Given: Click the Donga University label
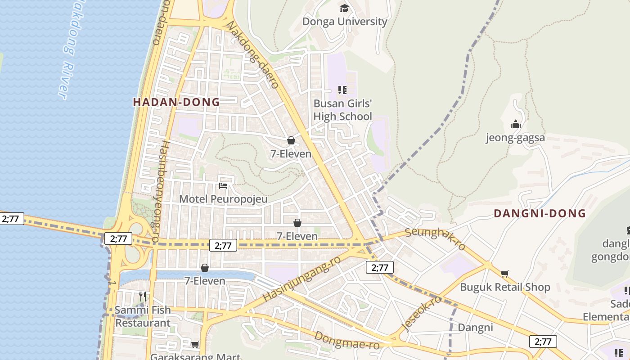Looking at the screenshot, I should [345, 22].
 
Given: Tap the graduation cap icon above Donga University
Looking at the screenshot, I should [344, 8].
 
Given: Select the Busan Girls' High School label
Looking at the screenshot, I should [343, 110].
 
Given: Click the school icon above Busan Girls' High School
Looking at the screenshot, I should [342, 90].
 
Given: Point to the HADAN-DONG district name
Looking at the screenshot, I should [176, 102].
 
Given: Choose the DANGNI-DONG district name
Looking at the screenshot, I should [540, 213].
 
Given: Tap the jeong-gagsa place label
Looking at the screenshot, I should [515, 138].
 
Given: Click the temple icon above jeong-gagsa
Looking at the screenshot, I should [515, 124].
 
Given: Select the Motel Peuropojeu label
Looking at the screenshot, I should [223, 199].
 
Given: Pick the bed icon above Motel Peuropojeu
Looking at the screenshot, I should [223, 185].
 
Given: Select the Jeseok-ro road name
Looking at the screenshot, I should [421, 313].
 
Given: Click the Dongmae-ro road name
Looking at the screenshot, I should [347, 341].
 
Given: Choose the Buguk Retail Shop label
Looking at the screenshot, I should [505, 287].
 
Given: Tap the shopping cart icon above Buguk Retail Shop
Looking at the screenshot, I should [505, 274].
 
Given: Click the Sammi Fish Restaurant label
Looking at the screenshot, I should [143, 316].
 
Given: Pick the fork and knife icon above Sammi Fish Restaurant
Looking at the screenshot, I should [143, 296].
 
